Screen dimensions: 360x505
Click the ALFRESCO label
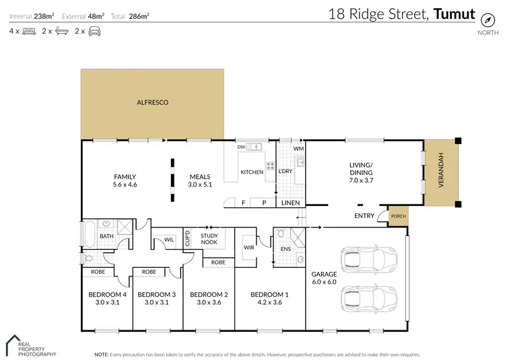click(x=152, y=102)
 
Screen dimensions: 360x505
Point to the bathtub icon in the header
click(x=61, y=31)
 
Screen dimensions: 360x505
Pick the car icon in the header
click(x=94, y=31)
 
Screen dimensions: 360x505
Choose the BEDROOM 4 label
click(x=108, y=294)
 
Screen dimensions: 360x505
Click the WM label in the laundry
click(x=298, y=147)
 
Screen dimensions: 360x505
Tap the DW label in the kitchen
click(x=240, y=147)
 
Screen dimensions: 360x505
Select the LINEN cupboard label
click(x=290, y=203)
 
